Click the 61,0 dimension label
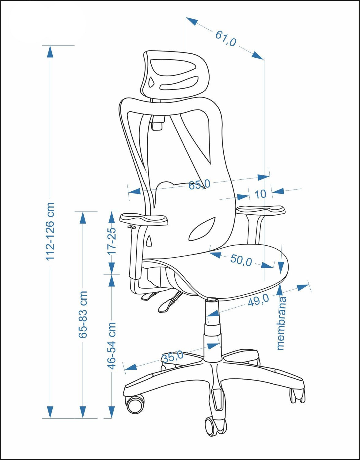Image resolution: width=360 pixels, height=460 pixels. click(x=225, y=39)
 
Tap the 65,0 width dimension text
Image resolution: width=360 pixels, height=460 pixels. click(x=199, y=185)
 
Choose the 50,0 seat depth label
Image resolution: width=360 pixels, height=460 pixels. click(x=241, y=260)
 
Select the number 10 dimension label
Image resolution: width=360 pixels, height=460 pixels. click(x=260, y=194)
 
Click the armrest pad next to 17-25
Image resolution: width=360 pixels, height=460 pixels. click(x=144, y=219)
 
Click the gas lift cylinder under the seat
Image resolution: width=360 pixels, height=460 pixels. click(x=212, y=330)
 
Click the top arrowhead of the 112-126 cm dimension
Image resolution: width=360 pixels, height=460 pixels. click(x=50, y=52)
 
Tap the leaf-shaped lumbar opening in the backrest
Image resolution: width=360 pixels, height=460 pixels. click(x=202, y=230)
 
